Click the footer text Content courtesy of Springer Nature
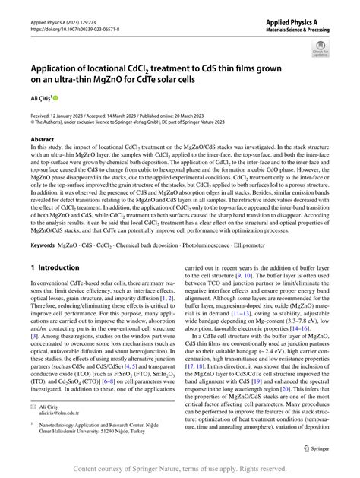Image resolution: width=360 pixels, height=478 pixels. point(180,470)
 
